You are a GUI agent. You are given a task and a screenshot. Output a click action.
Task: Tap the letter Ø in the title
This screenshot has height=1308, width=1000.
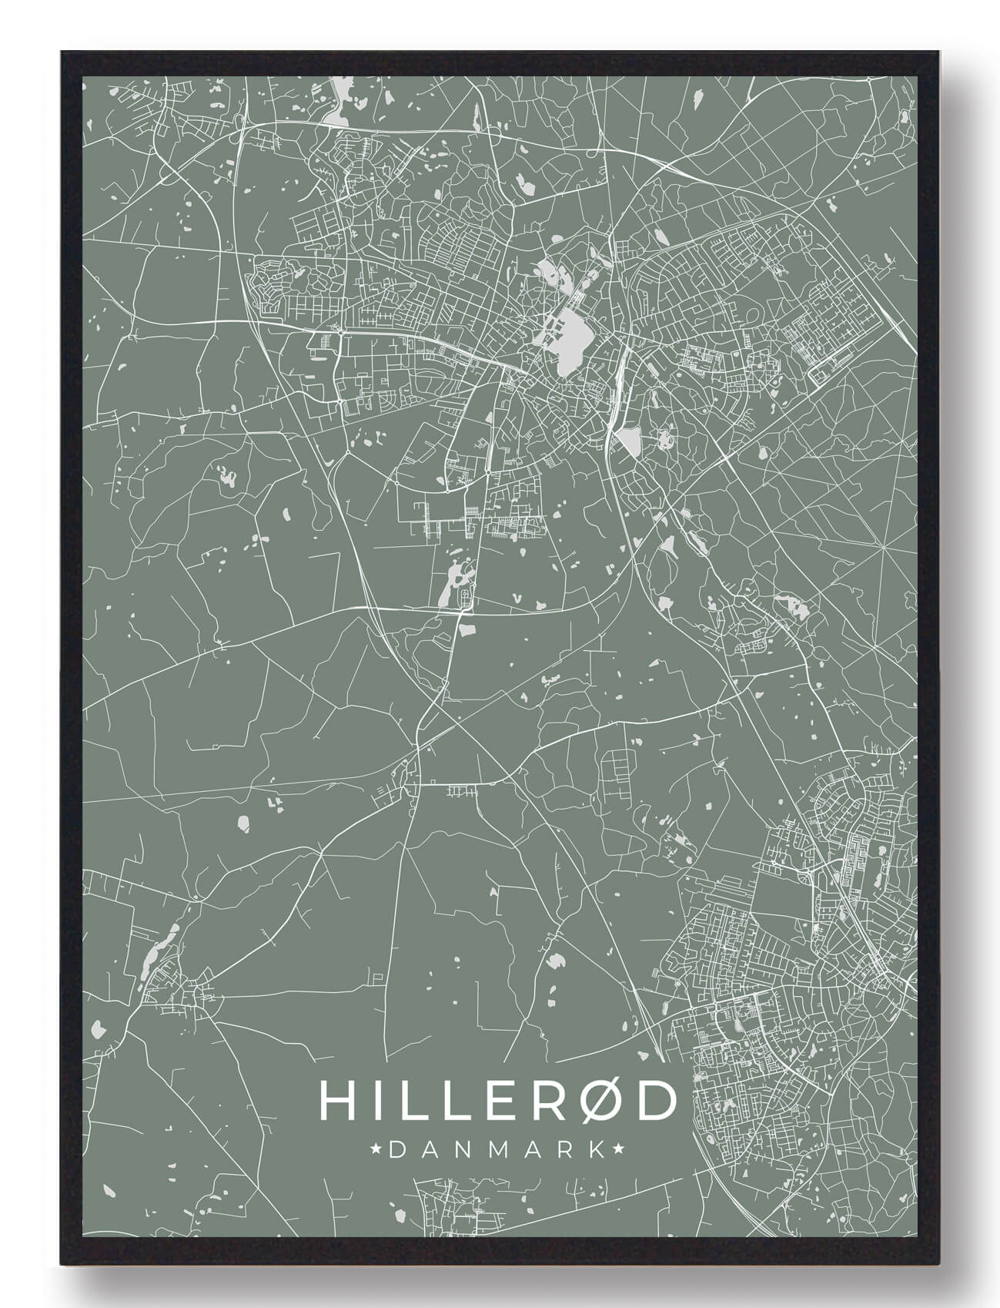(x=596, y=1101)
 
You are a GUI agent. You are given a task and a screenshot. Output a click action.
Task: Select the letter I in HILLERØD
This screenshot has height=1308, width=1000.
(x=371, y=1101)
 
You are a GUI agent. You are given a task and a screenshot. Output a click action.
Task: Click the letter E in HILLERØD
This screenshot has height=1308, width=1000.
(x=493, y=1101)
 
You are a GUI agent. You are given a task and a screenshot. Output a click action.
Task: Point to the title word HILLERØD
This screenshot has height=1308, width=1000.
(x=497, y=1101)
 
